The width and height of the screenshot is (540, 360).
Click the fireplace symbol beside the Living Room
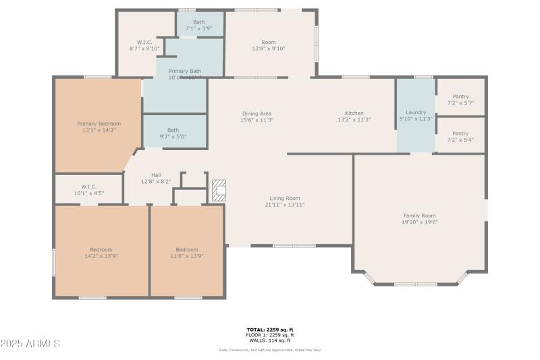[219, 190]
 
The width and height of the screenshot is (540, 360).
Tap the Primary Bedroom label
[99, 124]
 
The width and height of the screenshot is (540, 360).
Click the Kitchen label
[354, 113]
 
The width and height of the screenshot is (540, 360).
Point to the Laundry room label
[415, 112]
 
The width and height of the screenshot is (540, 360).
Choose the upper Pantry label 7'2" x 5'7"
[460, 97]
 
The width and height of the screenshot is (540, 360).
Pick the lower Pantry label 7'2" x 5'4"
[460, 134]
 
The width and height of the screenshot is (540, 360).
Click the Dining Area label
[256, 113]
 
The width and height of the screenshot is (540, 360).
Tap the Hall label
[156, 175]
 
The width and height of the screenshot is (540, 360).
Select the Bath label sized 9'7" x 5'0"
[173, 130]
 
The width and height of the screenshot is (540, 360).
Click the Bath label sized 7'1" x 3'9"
[199, 22]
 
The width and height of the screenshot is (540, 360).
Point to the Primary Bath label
[184, 71]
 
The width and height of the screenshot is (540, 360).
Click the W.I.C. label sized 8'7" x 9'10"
[144, 42]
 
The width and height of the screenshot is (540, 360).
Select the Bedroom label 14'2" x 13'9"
[101, 250]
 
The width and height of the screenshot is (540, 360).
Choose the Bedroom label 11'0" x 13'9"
[187, 250]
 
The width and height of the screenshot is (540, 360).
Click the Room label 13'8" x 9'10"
[269, 42]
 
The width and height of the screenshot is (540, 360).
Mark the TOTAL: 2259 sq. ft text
[269, 330]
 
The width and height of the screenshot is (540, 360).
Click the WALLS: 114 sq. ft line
[269, 340]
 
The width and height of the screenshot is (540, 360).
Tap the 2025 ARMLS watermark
[30, 344]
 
